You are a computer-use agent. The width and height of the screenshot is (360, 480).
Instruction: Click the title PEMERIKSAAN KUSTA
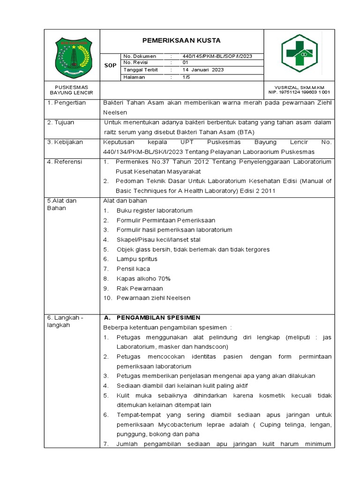(181, 41)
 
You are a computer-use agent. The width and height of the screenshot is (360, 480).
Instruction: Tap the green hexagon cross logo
(300, 54)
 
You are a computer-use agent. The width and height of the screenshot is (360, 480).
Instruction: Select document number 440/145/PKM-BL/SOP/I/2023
(217, 56)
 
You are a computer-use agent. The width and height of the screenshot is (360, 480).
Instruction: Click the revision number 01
(185, 62)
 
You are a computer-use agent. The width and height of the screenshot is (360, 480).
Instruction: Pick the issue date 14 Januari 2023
(203, 70)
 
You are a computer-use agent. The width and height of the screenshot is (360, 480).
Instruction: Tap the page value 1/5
(186, 77)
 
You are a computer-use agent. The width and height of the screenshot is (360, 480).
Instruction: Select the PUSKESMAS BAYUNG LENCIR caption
(71, 90)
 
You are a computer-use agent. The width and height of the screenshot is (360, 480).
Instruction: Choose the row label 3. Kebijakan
(65, 142)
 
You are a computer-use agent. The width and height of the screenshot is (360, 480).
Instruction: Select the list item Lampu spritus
(137, 259)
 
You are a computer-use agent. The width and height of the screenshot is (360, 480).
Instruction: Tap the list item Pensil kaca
(133, 269)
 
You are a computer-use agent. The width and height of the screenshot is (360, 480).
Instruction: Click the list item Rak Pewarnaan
(140, 288)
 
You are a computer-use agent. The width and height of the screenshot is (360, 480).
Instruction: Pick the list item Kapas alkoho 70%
(143, 278)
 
